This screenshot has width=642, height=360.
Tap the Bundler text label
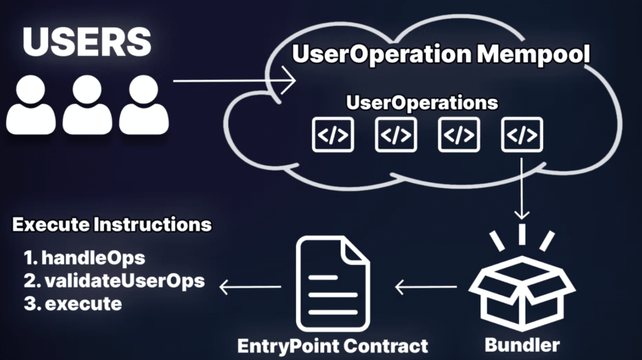[x=522, y=345]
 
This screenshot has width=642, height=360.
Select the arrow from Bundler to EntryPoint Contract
[x=426, y=287]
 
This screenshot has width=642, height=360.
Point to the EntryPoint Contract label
[x=332, y=346]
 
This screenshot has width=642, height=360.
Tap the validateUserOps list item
[x=113, y=281]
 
